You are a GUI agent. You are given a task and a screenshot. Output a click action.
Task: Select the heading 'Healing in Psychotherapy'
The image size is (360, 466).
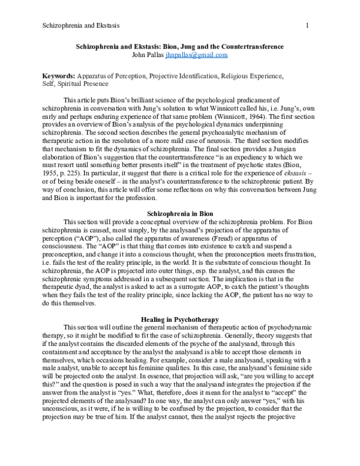180,318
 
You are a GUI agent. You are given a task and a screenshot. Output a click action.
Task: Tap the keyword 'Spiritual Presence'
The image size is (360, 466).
83,85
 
